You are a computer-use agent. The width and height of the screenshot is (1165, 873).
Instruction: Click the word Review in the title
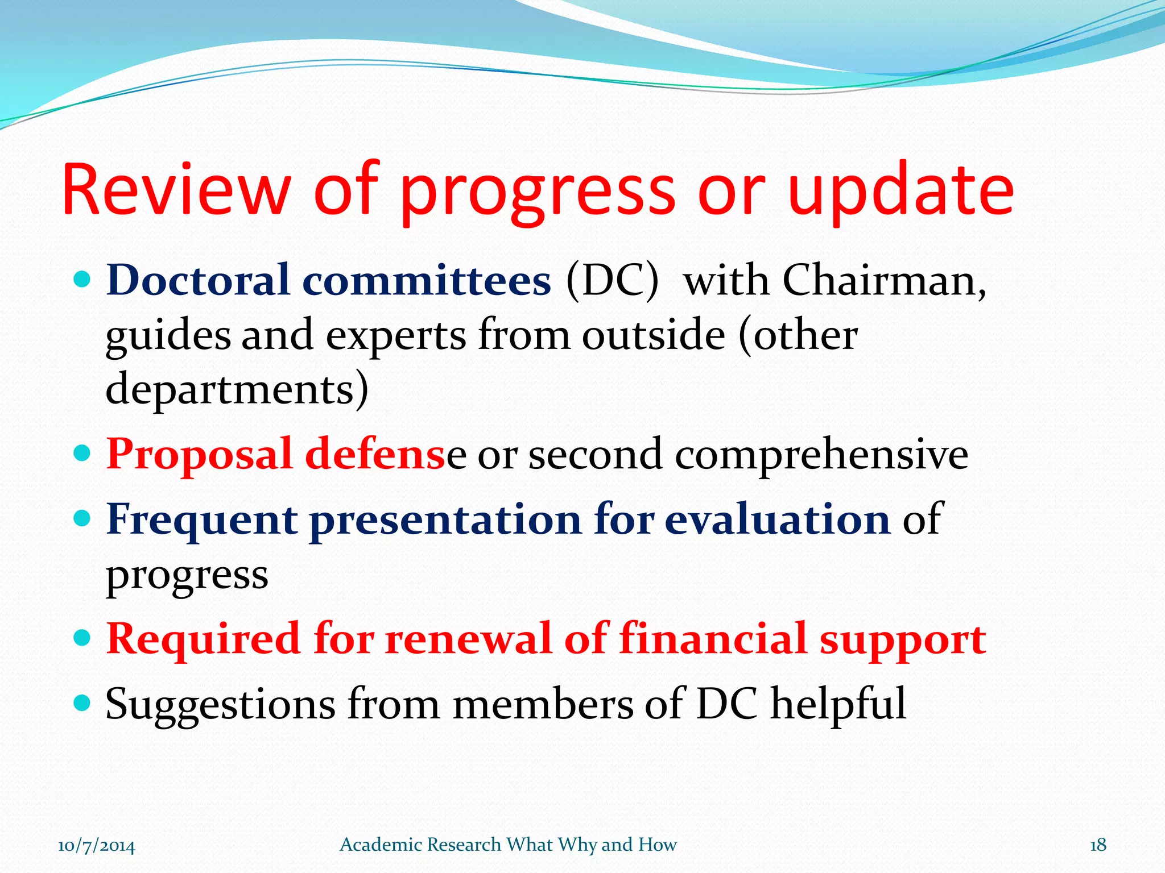pos(176,190)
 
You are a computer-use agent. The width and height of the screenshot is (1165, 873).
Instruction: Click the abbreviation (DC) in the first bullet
pos(612,281)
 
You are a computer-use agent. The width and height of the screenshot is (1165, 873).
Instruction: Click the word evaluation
pos(777,519)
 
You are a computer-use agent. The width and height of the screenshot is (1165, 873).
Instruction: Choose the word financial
pos(713,639)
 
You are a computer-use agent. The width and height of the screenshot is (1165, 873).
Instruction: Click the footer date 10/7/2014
pos(97,845)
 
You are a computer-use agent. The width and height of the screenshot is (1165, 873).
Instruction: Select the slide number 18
pos(1098,845)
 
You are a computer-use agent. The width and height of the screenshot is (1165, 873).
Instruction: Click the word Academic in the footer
pos(381,845)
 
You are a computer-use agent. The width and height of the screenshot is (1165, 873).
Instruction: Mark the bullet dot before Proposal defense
pos(83,454)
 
